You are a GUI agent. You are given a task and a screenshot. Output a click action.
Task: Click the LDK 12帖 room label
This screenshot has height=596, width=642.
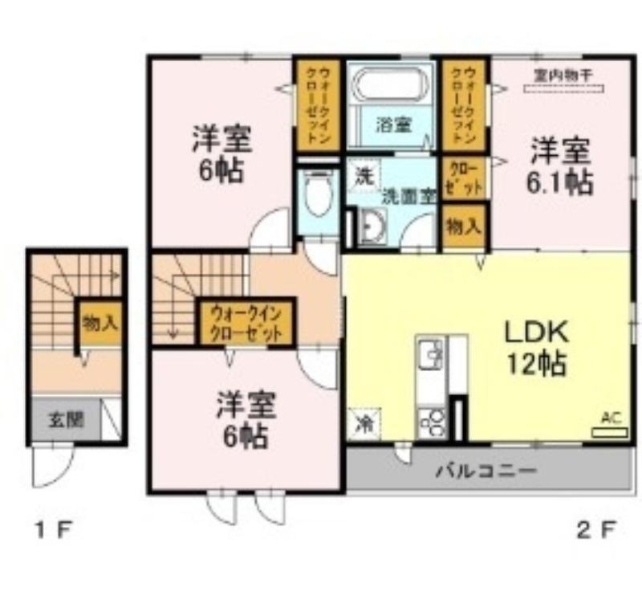[x=536, y=347]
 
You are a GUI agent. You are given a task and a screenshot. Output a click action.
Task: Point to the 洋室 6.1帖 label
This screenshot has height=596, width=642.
[x=559, y=166]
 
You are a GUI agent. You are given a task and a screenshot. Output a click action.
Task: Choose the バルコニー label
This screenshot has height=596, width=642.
[x=486, y=470]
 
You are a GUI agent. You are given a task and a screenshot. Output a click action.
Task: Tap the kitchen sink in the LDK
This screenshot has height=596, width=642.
[x=430, y=355]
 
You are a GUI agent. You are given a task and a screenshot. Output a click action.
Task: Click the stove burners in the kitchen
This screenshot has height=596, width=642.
[x=433, y=421]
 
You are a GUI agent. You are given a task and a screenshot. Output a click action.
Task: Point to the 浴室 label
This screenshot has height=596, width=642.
[x=393, y=125]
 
